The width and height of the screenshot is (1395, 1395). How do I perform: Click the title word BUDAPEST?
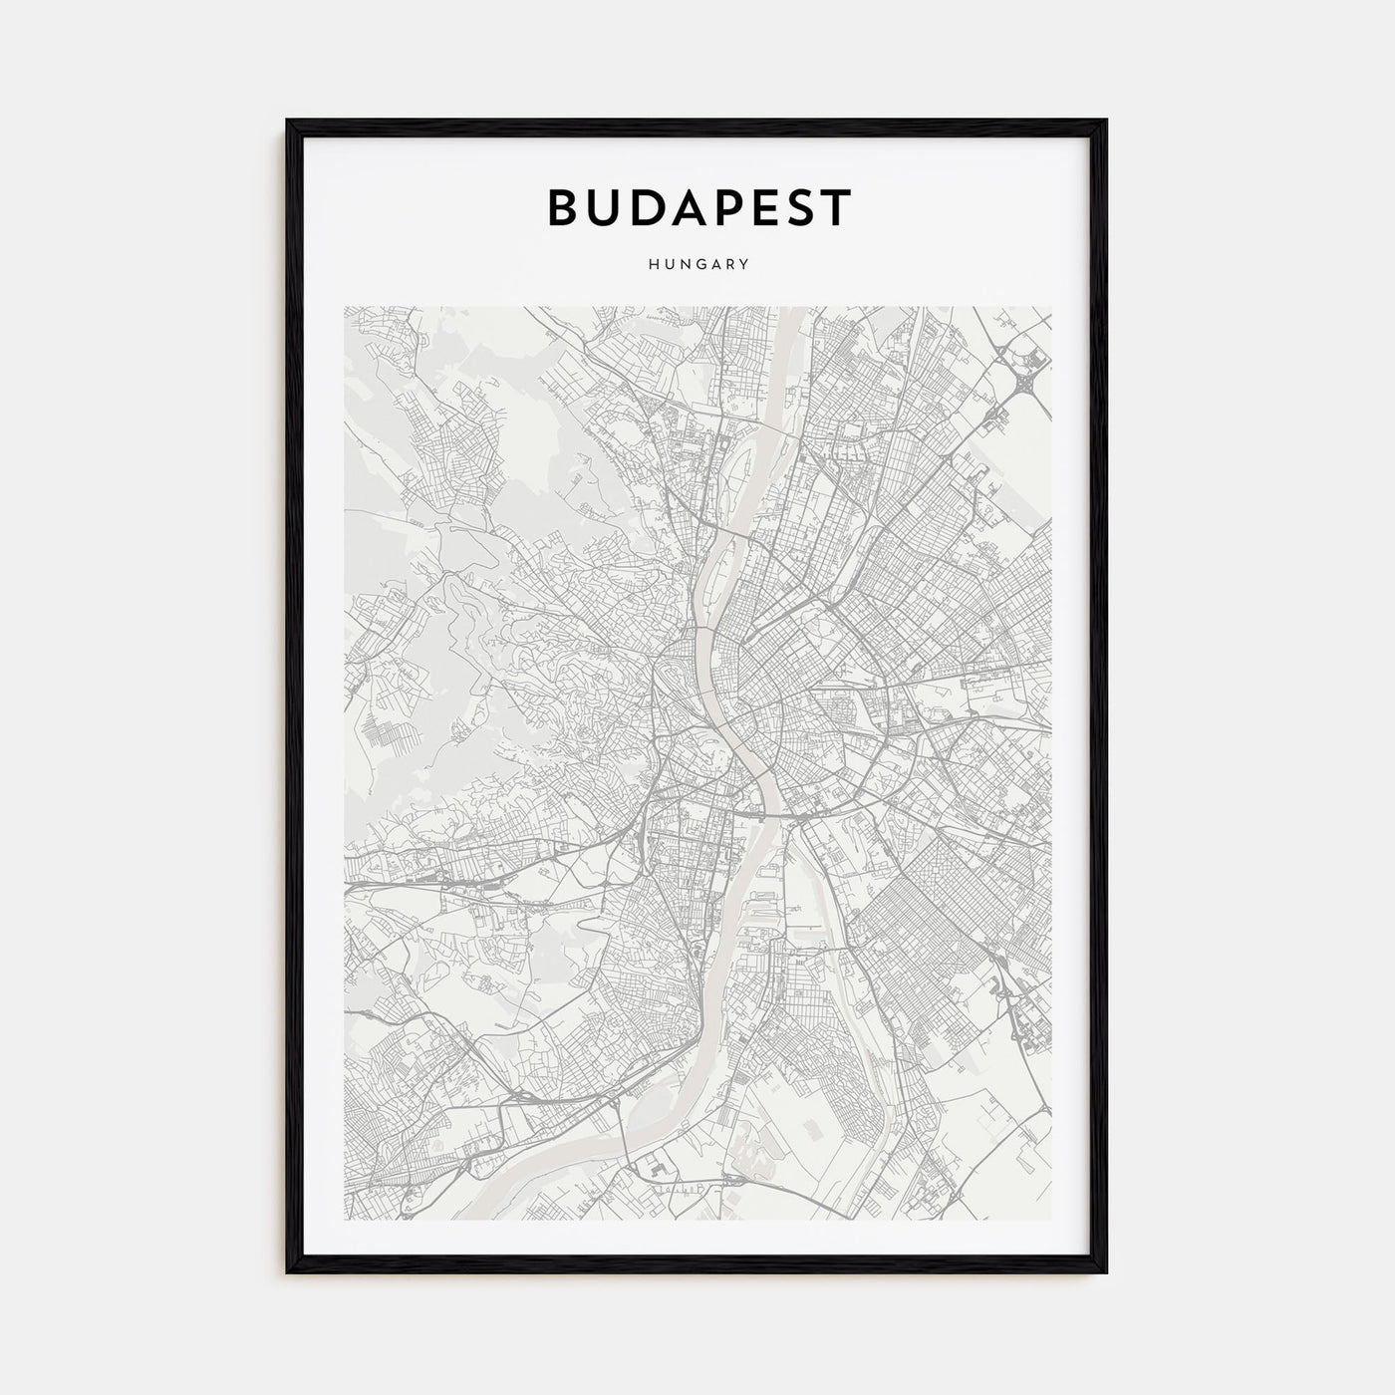(697, 207)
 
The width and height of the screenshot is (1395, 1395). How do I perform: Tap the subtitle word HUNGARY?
(697, 265)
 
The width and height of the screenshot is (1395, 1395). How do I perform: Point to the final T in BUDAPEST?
(836, 207)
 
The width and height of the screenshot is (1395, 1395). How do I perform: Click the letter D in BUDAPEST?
(647, 207)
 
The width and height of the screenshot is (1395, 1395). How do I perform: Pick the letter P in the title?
(724, 207)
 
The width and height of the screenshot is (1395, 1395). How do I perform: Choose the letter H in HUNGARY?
(651, 265)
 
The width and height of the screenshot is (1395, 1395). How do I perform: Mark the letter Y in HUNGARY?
(744, 265)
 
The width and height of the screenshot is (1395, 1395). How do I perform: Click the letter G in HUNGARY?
(697, 265)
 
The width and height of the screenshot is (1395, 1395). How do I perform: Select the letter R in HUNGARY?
(728, 265)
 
